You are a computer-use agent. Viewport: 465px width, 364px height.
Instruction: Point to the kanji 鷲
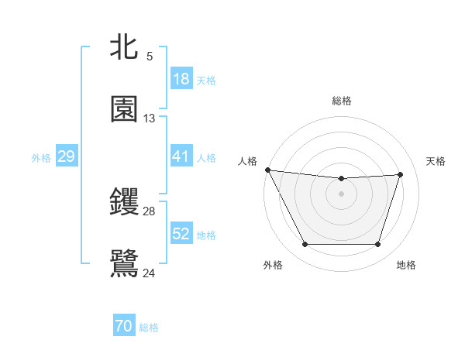tap(124, 262)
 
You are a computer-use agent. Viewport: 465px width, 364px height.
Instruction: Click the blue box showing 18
tap(181, 79)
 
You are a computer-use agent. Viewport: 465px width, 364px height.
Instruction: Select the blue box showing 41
tap(181, 156)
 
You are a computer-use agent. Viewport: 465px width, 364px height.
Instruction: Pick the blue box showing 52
tap(181, 234)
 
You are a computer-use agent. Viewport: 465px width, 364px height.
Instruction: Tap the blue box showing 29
tap(66, 156)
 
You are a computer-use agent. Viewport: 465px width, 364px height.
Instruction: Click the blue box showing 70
tap(123, 327)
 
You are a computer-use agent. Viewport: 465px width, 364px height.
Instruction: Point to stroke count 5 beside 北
tap(149, 57)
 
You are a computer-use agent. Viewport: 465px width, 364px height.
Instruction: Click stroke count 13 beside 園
tap(150, 118)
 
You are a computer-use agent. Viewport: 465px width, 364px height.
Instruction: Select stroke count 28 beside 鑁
tap(150, 211)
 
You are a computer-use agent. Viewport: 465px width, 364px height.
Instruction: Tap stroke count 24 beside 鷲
tap(150, 272)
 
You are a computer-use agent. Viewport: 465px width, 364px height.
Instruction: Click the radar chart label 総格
tap(341, 101)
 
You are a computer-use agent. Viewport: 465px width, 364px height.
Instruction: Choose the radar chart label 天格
tap(436, 161)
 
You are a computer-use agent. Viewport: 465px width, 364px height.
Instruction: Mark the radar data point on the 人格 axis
tap(267, 170)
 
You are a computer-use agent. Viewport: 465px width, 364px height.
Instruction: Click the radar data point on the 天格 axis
tap(401, 174)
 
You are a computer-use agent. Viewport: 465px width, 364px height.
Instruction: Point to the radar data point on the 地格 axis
tap(378, 245)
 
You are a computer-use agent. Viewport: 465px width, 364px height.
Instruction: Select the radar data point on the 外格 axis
tap(305, 245)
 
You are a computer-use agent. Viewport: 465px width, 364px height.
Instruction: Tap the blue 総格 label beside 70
tap(149, 328)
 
